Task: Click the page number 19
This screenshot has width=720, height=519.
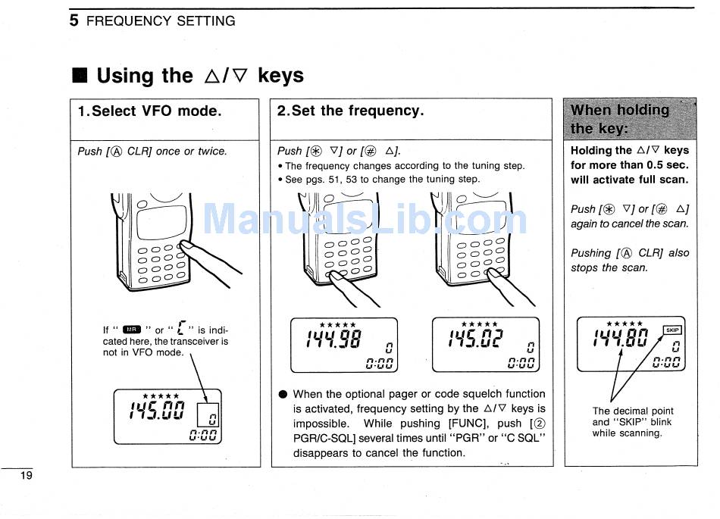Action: point(27,476)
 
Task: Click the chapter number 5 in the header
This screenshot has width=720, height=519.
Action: point(74,21)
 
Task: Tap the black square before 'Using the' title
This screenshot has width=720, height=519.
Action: point(80,76)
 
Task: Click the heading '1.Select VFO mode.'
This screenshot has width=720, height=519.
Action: point(150,111)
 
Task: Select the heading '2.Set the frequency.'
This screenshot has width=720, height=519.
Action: point(350,111)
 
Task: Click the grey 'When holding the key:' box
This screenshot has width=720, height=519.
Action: point(631,119)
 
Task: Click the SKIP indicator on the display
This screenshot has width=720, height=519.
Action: point(672,330)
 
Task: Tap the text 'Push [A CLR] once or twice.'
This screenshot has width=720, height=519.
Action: point(152,152)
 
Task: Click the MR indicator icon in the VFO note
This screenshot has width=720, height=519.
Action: point(132,330)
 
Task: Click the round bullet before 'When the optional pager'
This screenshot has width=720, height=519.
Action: point(283,395)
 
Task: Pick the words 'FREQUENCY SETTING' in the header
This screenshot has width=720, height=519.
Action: point(161,21)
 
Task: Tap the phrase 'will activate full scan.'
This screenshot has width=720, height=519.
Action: point(629,180)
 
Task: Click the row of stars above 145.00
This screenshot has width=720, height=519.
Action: point(161,396)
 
